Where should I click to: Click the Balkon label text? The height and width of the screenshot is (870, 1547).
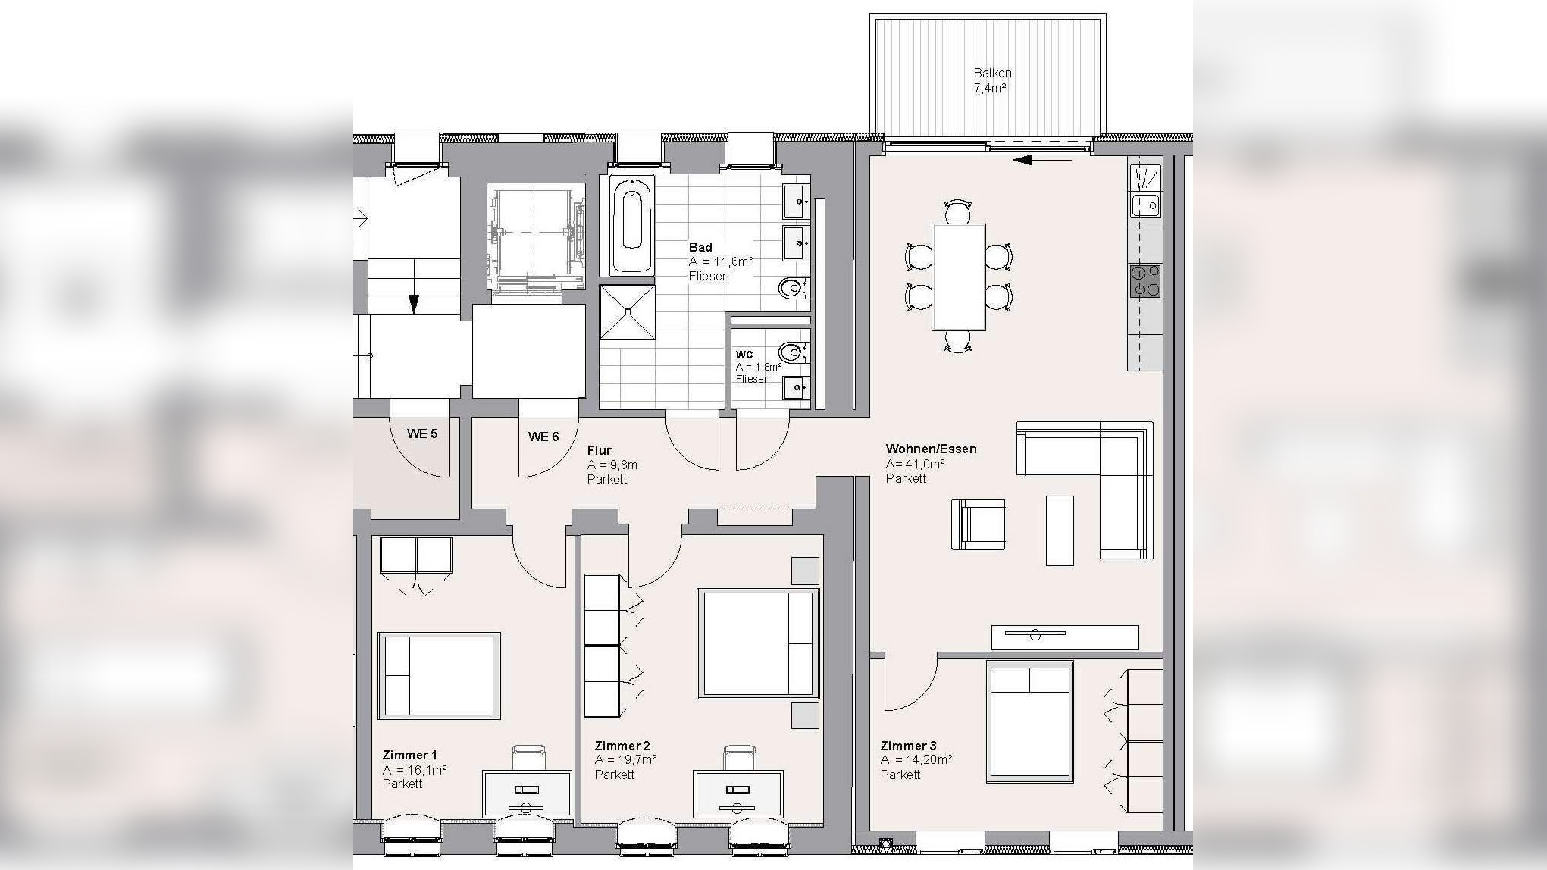click(x=992, y=74)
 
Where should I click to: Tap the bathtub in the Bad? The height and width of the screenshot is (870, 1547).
click(x=632, y=225)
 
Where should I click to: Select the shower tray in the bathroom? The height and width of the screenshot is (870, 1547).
click(x=628, y=311)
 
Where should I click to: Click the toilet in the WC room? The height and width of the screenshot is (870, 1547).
click(x=793, y=352)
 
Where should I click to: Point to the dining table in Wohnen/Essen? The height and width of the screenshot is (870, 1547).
click(x=959, y=277)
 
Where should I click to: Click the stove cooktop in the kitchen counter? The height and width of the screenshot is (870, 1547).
click(x=1145, y=281)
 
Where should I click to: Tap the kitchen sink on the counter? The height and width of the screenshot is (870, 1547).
click(x=1145, y=205)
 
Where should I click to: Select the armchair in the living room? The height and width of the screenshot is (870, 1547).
click(x=979, y=524)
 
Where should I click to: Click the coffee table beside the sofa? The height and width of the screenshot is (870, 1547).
click(x=1060, y=530)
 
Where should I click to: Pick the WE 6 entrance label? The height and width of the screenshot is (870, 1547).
click(x=543, y=437)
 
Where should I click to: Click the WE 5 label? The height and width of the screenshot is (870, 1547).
click(x=422, y=433)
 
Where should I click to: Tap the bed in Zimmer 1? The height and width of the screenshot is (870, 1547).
click(x=439, y=675)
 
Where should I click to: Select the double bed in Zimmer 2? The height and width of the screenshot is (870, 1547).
click(x=758, y=643)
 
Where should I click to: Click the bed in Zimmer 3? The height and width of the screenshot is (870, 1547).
click(x=1029, y=721)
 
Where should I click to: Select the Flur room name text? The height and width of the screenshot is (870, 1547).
click(x=599, y=450)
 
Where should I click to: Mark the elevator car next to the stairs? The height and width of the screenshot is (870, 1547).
click(x=536, y=239)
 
